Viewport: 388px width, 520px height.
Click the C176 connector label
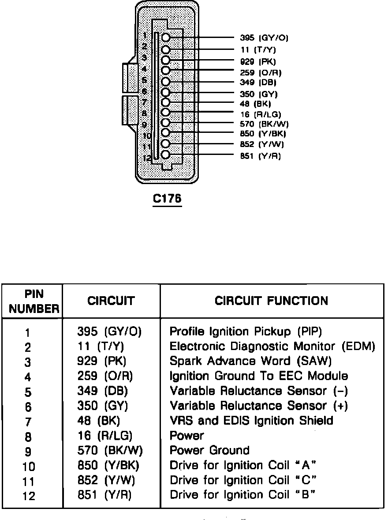click(x=167, y=199)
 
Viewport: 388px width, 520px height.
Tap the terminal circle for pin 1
click(x=166, y=38)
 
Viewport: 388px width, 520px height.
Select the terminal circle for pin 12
click(x=166, y=155)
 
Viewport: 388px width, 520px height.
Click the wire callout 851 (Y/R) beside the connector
click(x=260, y=156)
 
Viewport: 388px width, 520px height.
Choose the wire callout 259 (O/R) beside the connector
click(x=261, y=72)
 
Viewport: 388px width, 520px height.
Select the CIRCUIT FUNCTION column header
click(x=271, y=301)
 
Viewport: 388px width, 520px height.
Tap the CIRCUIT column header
click(x=111, y=301)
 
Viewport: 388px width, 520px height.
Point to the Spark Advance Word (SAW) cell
click(x=250, y=361)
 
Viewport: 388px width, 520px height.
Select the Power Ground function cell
click(x=209, y=451)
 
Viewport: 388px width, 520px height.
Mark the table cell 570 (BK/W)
click(x=110, y=451)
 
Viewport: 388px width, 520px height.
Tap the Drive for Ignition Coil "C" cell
click(x=243, y=480)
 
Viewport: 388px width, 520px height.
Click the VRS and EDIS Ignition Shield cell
click(x=251, y=421)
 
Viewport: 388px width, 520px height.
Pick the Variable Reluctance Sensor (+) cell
click(x=259, y=406)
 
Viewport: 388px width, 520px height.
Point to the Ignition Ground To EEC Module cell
click(x=259, y=376)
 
